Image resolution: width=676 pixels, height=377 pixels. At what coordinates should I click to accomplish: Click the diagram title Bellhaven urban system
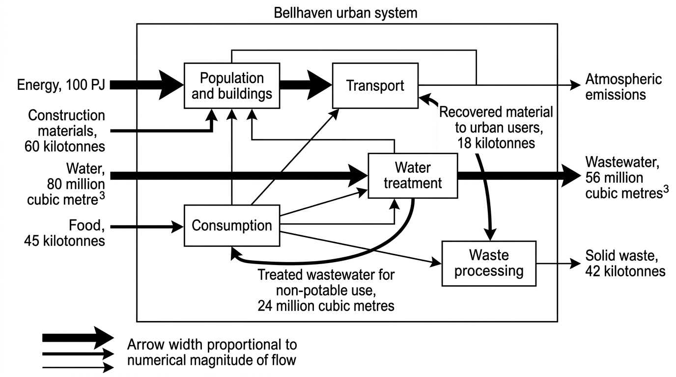click(345, 13)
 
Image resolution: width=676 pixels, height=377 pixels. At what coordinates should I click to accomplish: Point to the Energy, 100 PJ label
click(61, 85)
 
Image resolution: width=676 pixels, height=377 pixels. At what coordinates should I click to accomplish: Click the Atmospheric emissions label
click(623, 87)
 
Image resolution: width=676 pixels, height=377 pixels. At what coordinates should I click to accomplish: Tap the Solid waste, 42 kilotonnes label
click(625, 263)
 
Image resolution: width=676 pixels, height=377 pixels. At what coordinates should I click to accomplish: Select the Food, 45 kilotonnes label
click(64, 233)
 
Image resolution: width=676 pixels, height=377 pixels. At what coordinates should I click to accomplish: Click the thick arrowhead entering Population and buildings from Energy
click(171, 85)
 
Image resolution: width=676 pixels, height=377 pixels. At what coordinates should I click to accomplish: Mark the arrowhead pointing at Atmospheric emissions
click(575, 85)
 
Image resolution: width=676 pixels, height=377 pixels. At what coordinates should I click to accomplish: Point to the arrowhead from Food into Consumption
click(177, 226)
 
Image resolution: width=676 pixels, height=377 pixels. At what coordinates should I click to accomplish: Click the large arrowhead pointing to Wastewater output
click(571, 176)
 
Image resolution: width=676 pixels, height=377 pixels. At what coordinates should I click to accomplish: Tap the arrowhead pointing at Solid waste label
click(575, 264)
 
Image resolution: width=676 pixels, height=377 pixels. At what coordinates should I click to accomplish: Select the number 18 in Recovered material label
click(464, 143)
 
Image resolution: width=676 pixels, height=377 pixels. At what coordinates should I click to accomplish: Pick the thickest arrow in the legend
click(78, 338)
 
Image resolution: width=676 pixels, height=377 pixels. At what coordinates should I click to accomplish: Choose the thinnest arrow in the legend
click(78, 367)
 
